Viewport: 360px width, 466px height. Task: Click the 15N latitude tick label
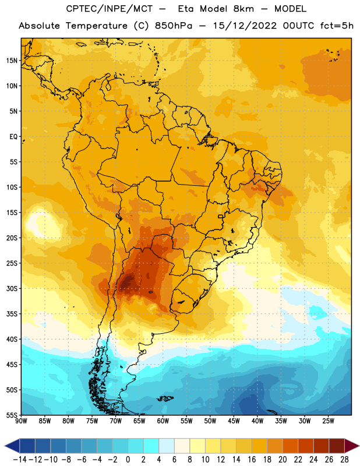tap(12, 61)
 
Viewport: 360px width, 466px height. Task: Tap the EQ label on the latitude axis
tap(13, 137)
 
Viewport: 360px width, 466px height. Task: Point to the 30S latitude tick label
tap(12, 288)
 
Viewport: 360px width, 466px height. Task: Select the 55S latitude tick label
tap(12, 415)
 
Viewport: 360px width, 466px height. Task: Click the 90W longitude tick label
tap(21, 421)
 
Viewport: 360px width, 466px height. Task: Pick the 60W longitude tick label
tap(163, 421)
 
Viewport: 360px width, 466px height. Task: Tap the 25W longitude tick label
tap(328, 421)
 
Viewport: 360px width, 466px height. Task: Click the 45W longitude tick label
tap(234, 421)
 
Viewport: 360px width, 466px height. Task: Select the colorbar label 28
tap(344, 460)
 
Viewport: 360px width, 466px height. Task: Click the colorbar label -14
tap(20, 460)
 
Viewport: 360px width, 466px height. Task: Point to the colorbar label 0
tap(128, 460)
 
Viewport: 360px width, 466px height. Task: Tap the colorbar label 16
tap(252, 460)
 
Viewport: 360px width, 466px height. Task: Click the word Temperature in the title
tap(97, 26)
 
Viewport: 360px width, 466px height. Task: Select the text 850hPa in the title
tap(174, 26)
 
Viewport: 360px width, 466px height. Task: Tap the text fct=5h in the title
tap(337, 26)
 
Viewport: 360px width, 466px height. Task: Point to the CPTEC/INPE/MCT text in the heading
tap(110, 9)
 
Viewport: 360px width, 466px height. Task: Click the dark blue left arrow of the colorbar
tap(12, 446)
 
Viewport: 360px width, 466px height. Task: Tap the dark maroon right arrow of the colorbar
tap(352, 446)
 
